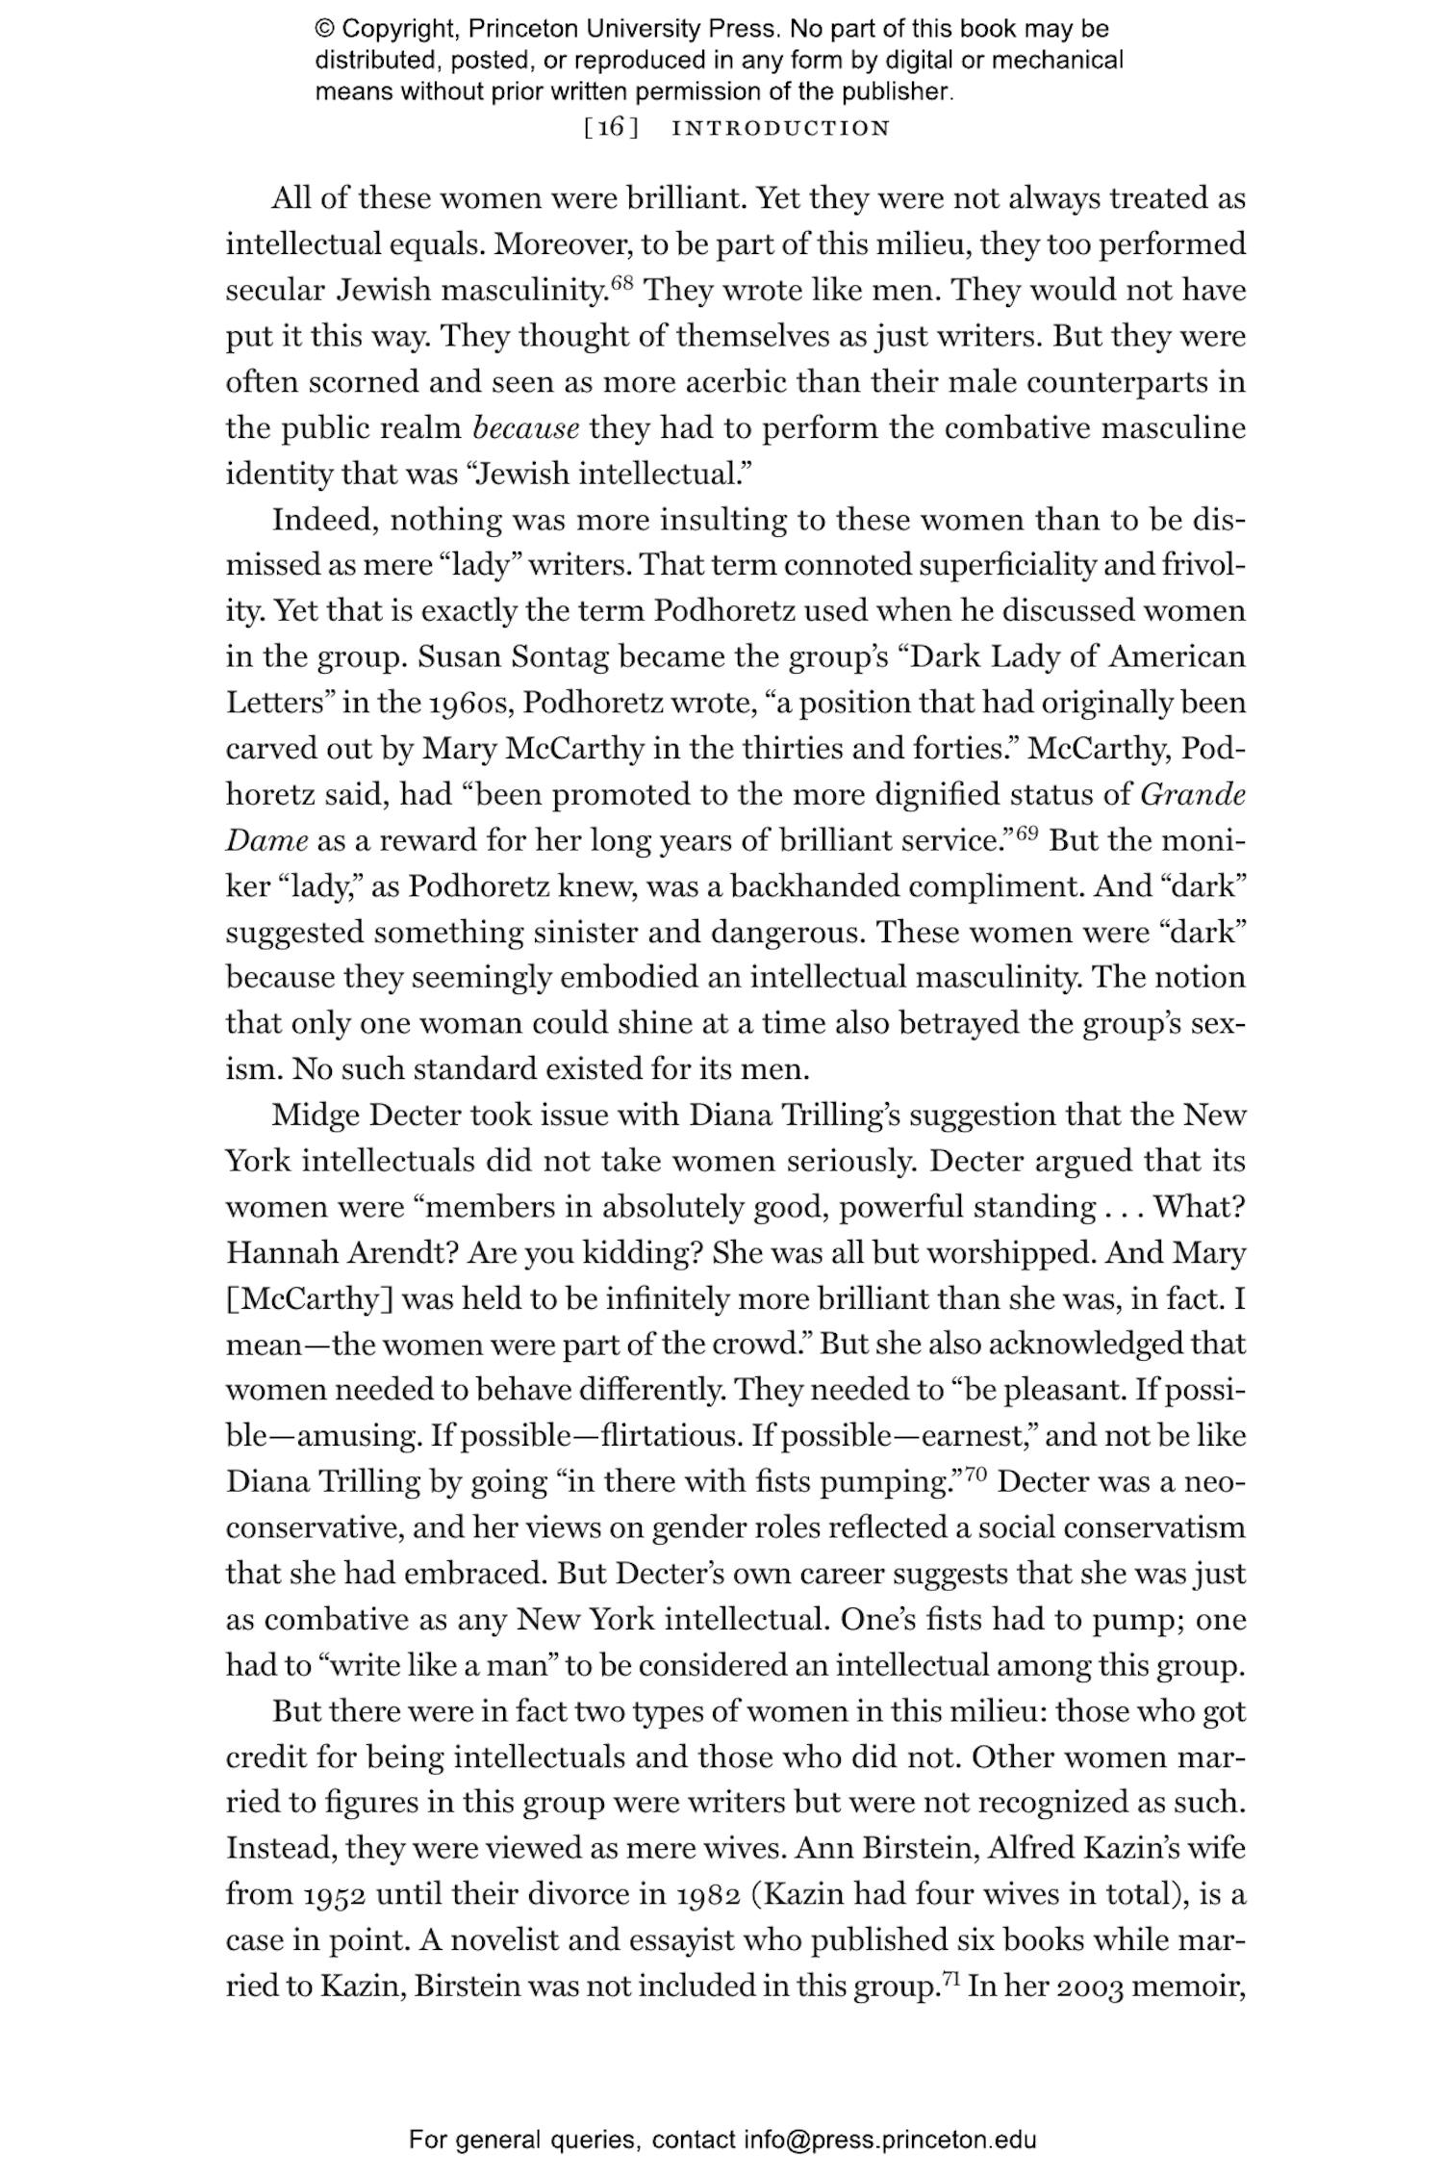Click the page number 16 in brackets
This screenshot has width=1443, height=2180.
(612, 127)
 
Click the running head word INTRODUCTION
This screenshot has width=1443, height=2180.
(780, 128)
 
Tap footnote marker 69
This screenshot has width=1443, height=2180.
(1026, 833)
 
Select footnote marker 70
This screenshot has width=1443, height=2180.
(976, 1474)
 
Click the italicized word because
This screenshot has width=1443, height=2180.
(526, 428)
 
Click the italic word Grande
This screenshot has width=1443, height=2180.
(1193, 795)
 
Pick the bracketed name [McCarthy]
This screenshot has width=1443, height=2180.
(310, 1299)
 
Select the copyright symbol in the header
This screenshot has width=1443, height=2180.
(323, 29)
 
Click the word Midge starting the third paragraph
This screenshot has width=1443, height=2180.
(316, 1116)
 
